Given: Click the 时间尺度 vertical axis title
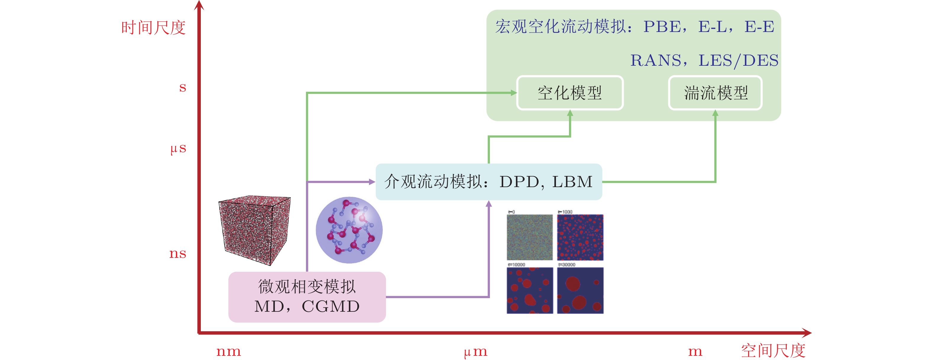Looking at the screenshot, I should (x=153, y=28).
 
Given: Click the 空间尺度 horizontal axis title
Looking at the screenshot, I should (x=773, y=351).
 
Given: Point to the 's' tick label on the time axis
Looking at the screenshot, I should (x=182, y=87).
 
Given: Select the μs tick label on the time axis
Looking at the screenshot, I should (x=178, y=149).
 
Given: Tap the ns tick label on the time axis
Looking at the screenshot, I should (x=177, y=253).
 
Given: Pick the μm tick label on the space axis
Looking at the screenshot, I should (x=476, y=352).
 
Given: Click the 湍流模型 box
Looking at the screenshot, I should (x=715, y=93).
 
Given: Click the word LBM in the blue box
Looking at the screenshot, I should (x=572, y=182).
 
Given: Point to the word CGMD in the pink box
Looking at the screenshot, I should (x=330, y=306).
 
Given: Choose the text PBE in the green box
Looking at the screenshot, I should (x=662, y=27).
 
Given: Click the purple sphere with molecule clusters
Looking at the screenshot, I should (x=349, y=230).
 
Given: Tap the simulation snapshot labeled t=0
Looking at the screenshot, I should (x=530, y=237).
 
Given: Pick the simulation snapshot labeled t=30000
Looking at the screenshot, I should (x=580, y=290).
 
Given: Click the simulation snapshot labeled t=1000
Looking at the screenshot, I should (x=580, y=237).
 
